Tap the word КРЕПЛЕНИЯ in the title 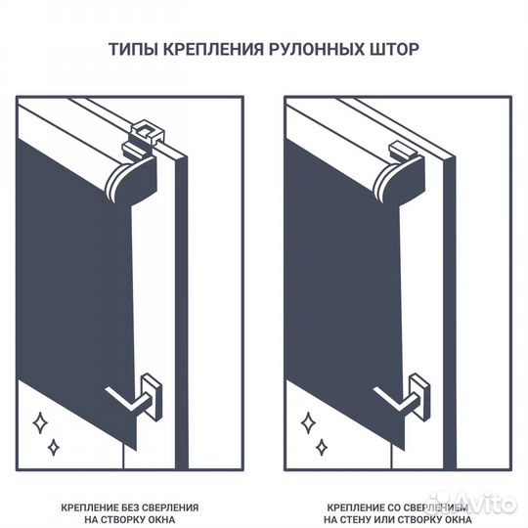(x=208, y=49)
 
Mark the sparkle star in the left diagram (x=40, y=422)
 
